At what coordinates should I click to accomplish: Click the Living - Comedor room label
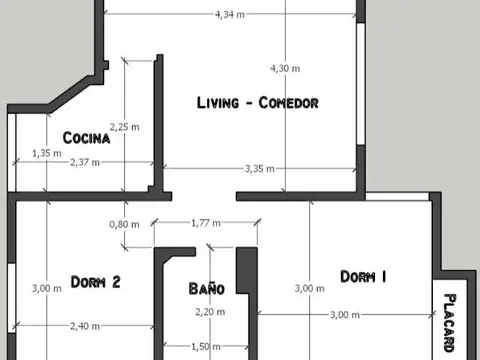[x=257, y=103]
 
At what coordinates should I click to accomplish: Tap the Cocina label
[x=85, y=137]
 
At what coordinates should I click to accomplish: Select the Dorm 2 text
[x=96, y=282]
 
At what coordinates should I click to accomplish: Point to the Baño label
[x=207, y=288]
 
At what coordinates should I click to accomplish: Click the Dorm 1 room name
[x=363, y=277]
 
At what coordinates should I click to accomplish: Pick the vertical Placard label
[x=450, y=322]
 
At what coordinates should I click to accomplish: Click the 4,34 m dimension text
[x=231, y=14]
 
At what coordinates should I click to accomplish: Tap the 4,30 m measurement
[x=285, y=68]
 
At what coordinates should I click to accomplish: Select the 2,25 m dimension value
[x=125, y=126]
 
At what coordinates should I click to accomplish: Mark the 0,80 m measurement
[x=124, y=224]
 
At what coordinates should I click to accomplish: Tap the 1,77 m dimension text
[x=205, y=224]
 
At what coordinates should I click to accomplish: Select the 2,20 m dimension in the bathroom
[x=208, y=312]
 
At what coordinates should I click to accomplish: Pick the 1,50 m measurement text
[x=205, y=346]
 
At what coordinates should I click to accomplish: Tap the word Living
[x=219, y=103]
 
